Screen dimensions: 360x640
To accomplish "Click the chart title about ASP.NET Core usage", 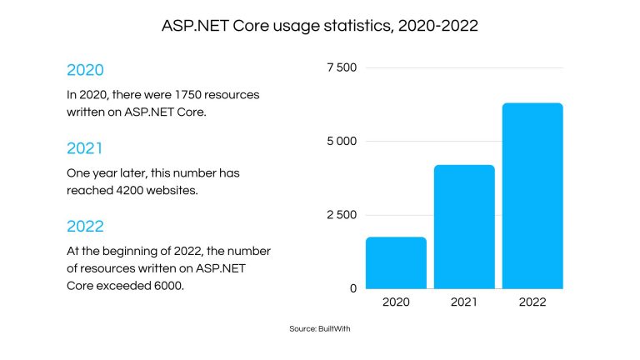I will coord(320,27).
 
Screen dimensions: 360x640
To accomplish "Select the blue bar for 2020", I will coord(397,262).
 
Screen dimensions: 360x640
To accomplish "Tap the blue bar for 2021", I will coord(465,227).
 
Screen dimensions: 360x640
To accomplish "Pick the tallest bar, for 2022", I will coord(533,196).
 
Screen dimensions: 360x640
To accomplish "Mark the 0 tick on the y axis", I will coord(353,288).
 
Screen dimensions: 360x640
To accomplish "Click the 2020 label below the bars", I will coord(397,302).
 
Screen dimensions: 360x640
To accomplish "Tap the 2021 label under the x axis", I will coord(465,302).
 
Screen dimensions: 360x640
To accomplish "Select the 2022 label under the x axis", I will coord(533,302).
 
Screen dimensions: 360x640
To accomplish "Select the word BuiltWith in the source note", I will coord(337,330).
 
